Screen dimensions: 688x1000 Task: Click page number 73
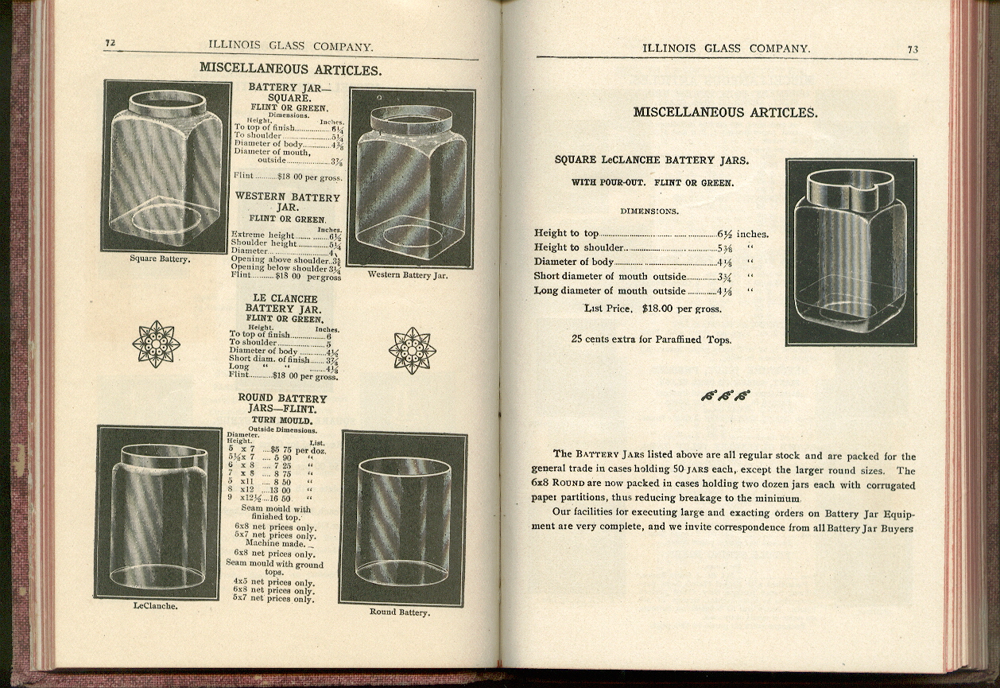click(913, 49)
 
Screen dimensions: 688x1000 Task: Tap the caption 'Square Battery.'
click(160, 258)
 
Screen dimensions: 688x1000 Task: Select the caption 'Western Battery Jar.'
click(408, 275)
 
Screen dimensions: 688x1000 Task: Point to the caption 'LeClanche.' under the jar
click(155, 605)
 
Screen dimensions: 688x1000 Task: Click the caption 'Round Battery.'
click(399, 612)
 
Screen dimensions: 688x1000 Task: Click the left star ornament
click(156, 344)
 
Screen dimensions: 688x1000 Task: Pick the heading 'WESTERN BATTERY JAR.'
click(287, 202)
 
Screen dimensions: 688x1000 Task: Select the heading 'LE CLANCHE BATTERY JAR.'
click(282, 304)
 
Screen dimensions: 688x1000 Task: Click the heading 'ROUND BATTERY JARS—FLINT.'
click(281, 403)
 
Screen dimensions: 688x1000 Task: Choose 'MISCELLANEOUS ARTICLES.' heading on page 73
click(724, 112)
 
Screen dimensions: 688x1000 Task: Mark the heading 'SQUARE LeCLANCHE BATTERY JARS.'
click(651, 160)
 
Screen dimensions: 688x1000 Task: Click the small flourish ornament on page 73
click(725, 395)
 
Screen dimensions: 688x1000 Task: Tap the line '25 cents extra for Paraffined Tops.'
click(651, 339)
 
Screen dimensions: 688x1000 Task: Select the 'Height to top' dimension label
click(566, 233)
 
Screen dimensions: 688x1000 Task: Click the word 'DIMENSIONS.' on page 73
click(649, 211)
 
